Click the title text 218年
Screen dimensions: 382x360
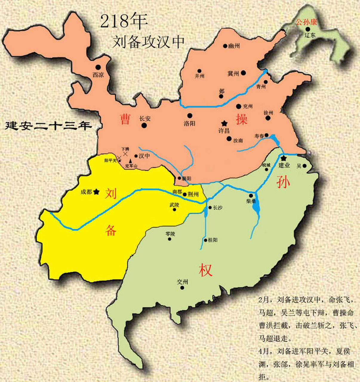pos(124,21)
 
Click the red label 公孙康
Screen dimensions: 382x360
pos(306,22)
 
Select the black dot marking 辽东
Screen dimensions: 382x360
pos(308,29)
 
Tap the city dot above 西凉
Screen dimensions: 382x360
pos(98,67)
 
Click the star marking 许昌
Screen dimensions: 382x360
pos(224,123)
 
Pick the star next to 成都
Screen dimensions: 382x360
pos(96,192)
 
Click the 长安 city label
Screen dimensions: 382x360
pos(145,118)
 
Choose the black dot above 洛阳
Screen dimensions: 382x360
pos(190,115)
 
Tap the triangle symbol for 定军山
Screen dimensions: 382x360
pos(130,161)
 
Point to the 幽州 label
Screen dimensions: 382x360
pos(234,46)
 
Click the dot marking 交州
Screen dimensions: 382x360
pos(182,288)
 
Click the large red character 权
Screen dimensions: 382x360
pos(206,270)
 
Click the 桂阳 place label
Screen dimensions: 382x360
pos(213,240)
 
